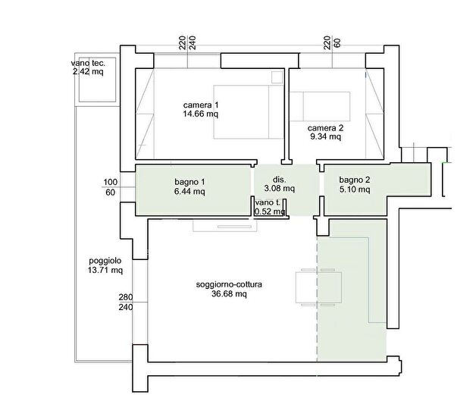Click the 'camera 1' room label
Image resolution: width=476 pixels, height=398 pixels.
pos(201,105)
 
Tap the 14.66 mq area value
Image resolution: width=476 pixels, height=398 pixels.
pos(201,114)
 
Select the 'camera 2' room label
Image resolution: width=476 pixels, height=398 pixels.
pos(325,128)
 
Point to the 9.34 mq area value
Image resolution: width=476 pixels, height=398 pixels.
pos(325,136)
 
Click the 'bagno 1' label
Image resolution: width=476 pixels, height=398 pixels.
pos(189,182)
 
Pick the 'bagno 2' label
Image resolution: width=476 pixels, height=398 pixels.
pos(355,180)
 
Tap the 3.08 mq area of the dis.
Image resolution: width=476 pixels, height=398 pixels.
pos(279,189)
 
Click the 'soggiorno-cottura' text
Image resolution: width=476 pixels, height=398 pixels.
pos(229,285)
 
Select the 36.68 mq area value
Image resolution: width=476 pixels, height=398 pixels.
pos(229,294)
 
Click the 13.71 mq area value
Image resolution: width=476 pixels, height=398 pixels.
pos(105,270)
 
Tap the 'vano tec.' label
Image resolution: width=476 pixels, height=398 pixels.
pos(88,63)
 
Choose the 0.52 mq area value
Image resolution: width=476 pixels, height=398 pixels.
pos(269,212)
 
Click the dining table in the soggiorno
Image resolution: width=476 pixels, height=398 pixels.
pos(318,287)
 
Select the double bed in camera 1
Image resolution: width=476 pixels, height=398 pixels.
pos(249,111)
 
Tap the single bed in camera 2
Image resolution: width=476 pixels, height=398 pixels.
pos(320,106)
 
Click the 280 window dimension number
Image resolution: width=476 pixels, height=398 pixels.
pos(126,297)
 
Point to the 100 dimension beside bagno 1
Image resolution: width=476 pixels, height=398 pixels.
pos(111,182)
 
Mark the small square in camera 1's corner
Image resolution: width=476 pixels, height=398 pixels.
pos(277,77)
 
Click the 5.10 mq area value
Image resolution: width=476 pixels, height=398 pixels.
pos(355,190)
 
